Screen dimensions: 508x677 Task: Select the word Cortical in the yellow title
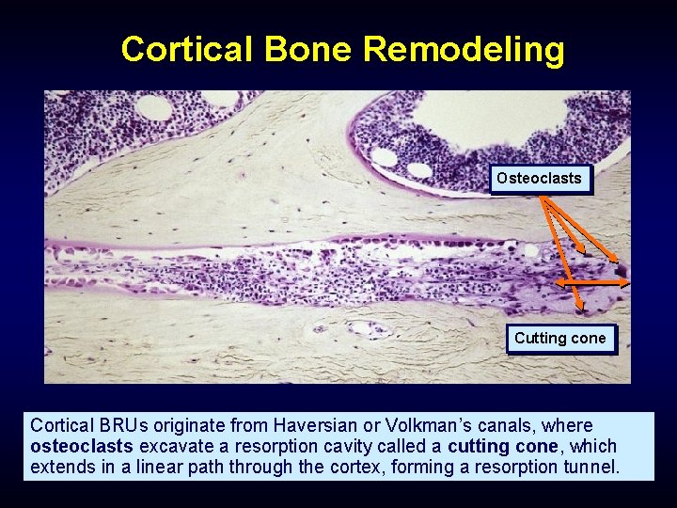pyautogui.click(x=188, y=49)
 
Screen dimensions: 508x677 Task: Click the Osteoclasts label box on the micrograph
pyautogui.click(x=539, y=179)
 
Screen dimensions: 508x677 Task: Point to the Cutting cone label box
pyautogui.click(x=560, y=339)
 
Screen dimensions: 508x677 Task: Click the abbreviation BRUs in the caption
pyautogui.click(x=115, y=426)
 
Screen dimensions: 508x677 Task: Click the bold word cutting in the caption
pyautogui.click(x=480, y=446)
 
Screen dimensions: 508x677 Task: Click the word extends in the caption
pyautogui.click(x=61, y=466)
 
